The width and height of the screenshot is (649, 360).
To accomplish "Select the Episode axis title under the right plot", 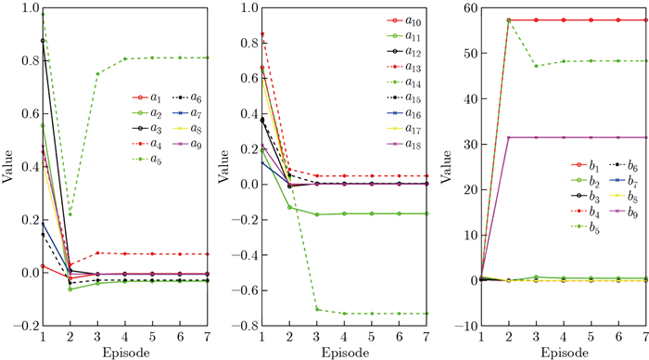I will [563, 353].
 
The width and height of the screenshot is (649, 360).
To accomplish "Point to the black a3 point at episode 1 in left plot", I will [42, 41].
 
